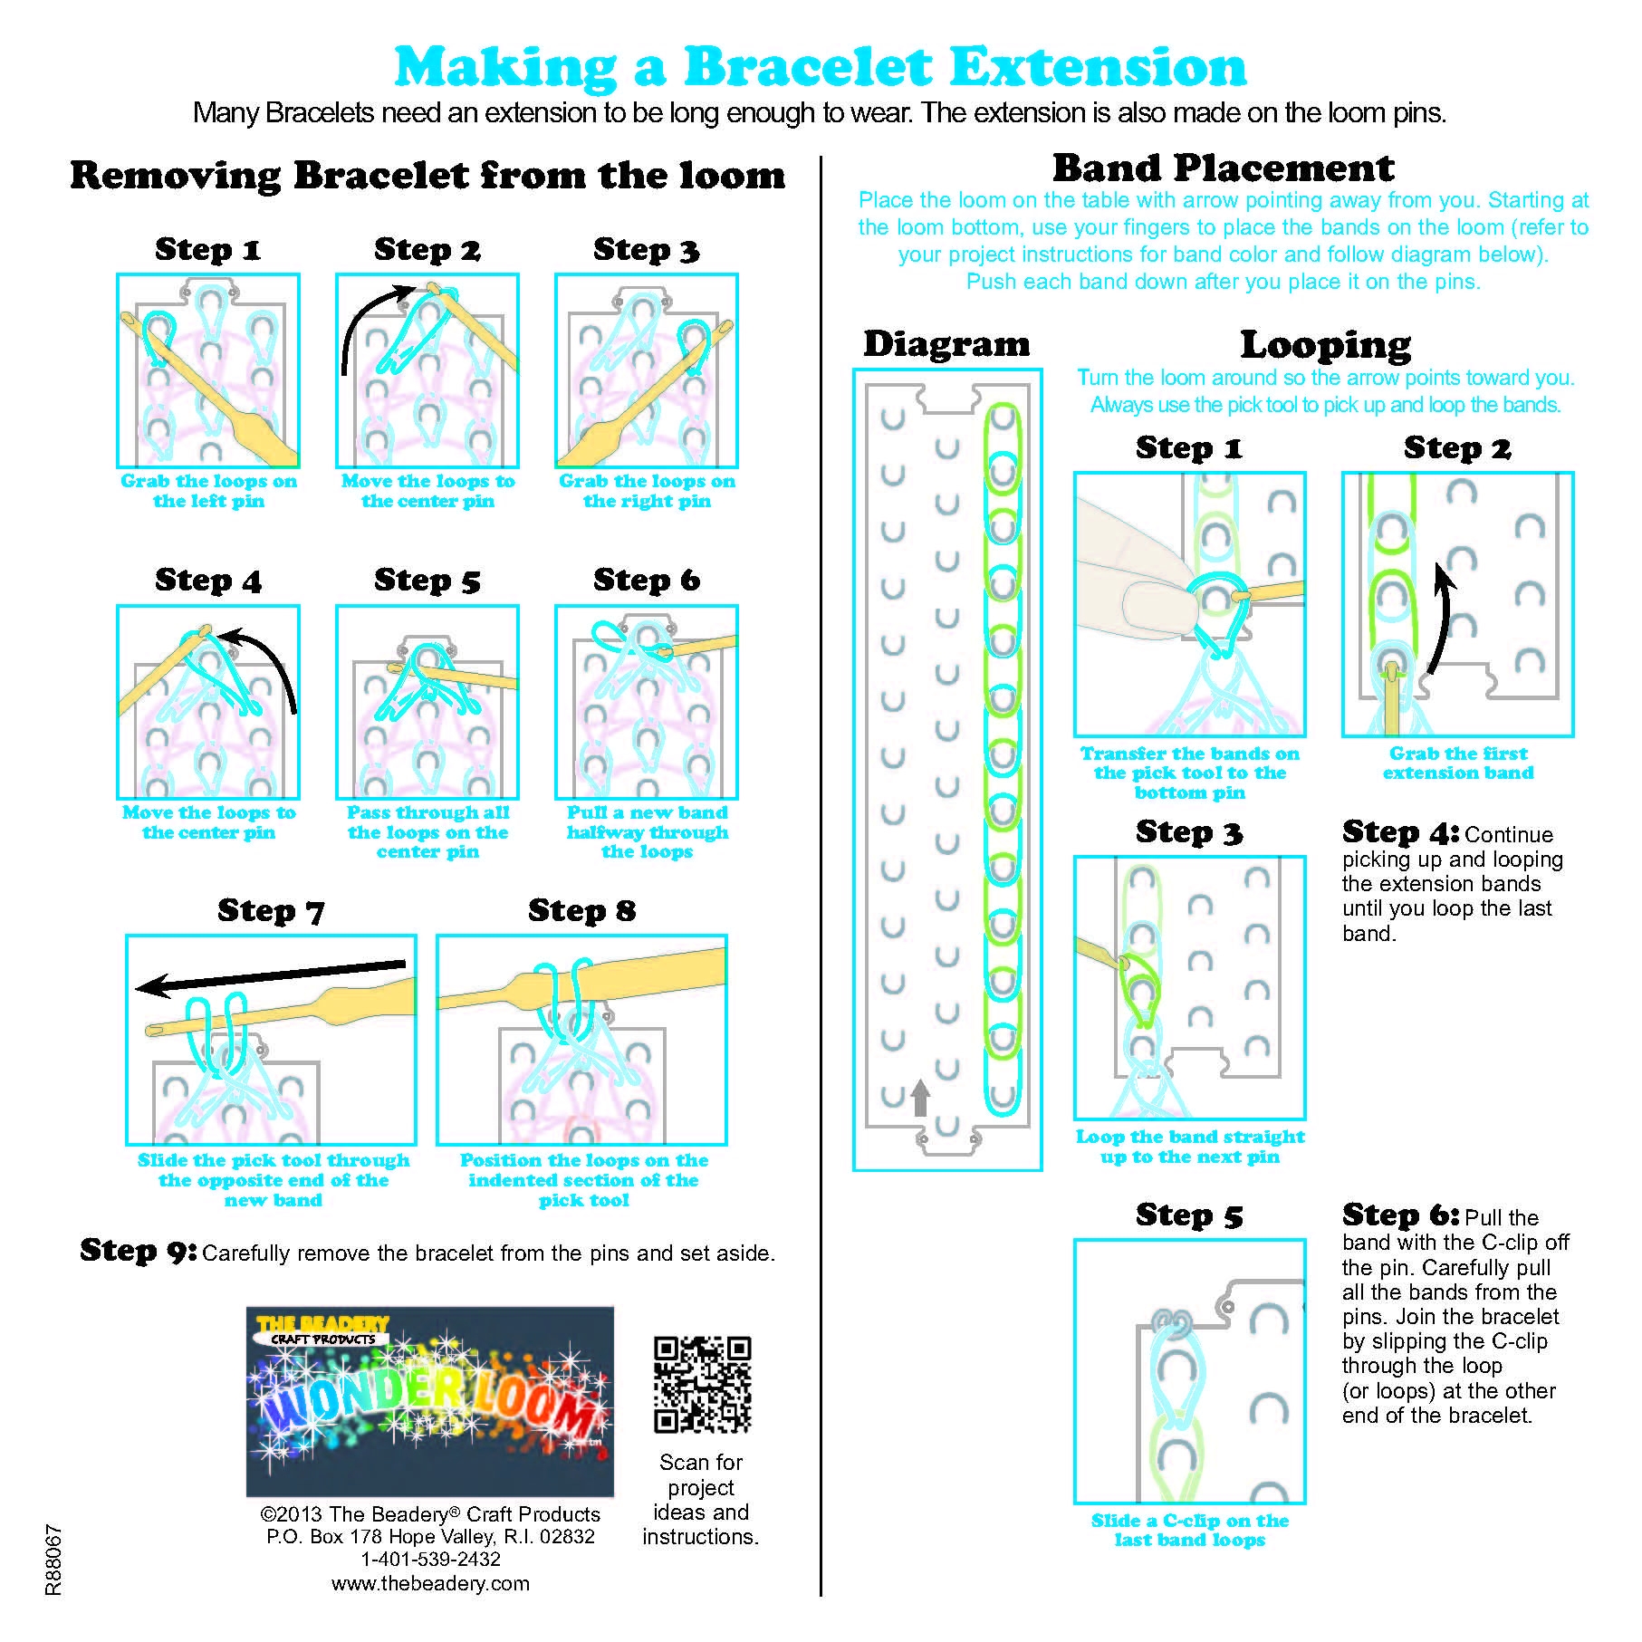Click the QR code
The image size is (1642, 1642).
pyautogui.click(x=702, y=1384)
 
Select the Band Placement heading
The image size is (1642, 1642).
pyautogui.click(x=1223, y=168)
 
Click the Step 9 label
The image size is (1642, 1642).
pyautogui.click(x=138, y=1251)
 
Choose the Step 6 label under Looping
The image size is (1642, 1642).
pyautogui.click(x=1400, y=1215)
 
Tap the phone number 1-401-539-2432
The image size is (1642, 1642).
pyautogui.click(x=430, y=1559)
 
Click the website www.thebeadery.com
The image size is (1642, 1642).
pyautogui.click(x=430, y=1583)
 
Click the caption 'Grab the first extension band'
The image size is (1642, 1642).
pyautogui.click(x=1457, y=763)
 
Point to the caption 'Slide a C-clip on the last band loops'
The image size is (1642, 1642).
pyautogui.click(x=1189, y=1530)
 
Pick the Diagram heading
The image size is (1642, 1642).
pyautogui.click(x=946, y=344)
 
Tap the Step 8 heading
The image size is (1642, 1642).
pyautogui.click(x=581, y=910)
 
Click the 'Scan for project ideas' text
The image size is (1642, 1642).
pyautogui.click(x=700, y=1499)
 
